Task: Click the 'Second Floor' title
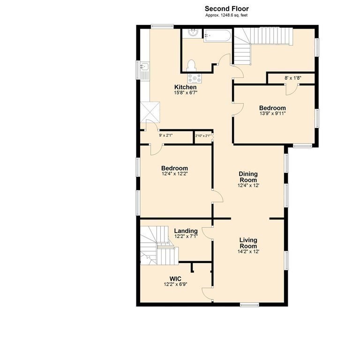(226, 8)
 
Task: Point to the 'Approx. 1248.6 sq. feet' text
(226, 15)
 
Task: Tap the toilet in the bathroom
(191, 65)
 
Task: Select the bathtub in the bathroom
(217, 35)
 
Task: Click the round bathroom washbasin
(192, 32)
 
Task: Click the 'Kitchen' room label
(186, 88)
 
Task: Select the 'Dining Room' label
(248, 177)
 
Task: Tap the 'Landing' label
(186, 231)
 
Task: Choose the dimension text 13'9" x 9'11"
(272, 113)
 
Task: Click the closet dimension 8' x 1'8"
(293, 78)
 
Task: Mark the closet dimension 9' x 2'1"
(166, 135)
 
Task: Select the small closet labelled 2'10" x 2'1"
(203, 136)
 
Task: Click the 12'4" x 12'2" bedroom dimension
(174, 174)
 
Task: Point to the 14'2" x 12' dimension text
(248, 252)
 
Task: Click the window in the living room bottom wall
(249, 305)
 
